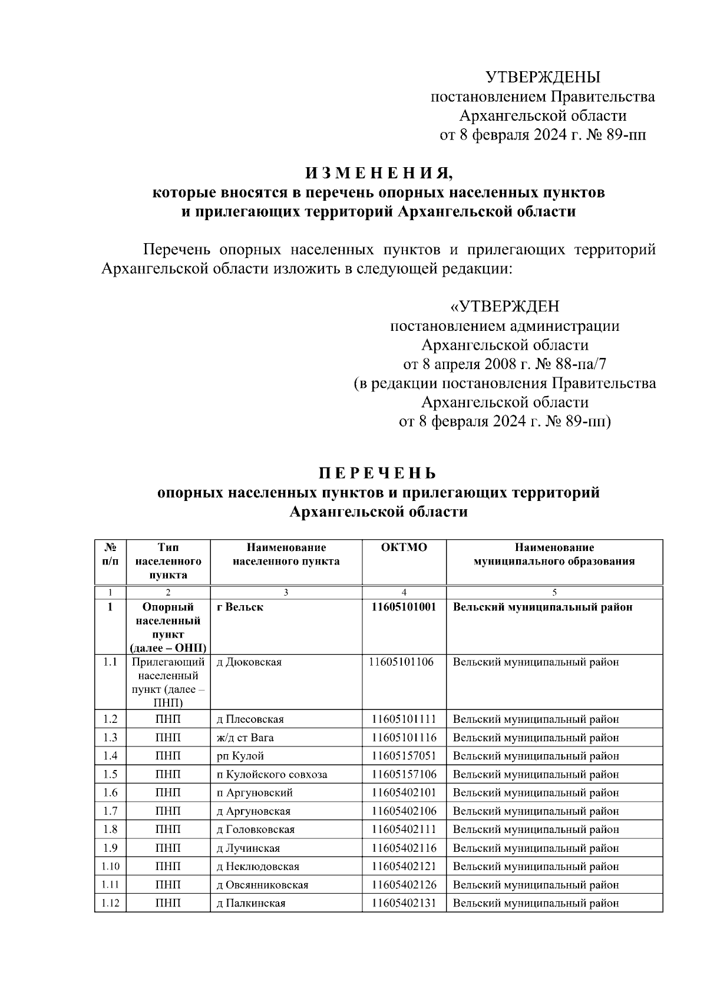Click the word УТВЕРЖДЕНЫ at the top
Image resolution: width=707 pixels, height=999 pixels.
[543, 77]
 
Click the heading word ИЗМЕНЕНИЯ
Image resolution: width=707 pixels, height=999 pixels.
[379, 174]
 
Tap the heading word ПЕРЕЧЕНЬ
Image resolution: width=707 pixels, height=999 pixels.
[378, 473]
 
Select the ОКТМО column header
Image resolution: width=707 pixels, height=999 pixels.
[404, 547]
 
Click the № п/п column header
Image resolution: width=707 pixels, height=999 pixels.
[110, 554]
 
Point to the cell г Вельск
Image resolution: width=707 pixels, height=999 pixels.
[240, 607]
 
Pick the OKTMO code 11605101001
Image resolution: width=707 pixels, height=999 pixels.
[404, 607]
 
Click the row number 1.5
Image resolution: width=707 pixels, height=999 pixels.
[110, 774]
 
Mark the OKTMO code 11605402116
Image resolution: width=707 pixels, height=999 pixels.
[404, 848]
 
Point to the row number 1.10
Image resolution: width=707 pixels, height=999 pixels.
[110, 866]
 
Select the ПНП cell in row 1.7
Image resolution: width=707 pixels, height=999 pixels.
[168, 811]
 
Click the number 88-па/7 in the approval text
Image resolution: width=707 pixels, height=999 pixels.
[577, 364]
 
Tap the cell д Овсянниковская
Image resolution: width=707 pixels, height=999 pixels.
[262, 885]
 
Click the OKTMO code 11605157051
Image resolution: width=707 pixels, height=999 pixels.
[404, 756]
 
